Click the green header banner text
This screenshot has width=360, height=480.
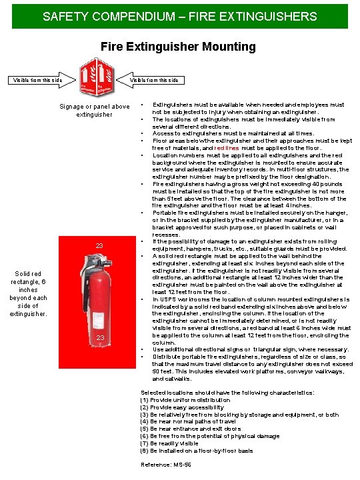(x=180, y=15)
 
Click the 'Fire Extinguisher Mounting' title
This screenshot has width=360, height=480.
(x=178, y=47)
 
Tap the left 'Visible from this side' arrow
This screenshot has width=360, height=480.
(x=40, y=80)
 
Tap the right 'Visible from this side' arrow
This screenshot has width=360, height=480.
(x=152, y=80)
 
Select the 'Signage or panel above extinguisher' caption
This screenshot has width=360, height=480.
(x=95, y=110)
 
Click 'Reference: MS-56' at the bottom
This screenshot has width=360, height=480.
(x=166, y=464)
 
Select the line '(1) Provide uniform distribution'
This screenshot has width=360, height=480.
(x=185, y=400)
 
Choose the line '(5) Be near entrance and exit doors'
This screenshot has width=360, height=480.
(x=188, y=429)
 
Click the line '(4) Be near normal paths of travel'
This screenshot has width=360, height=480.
(x=188, y=421)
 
